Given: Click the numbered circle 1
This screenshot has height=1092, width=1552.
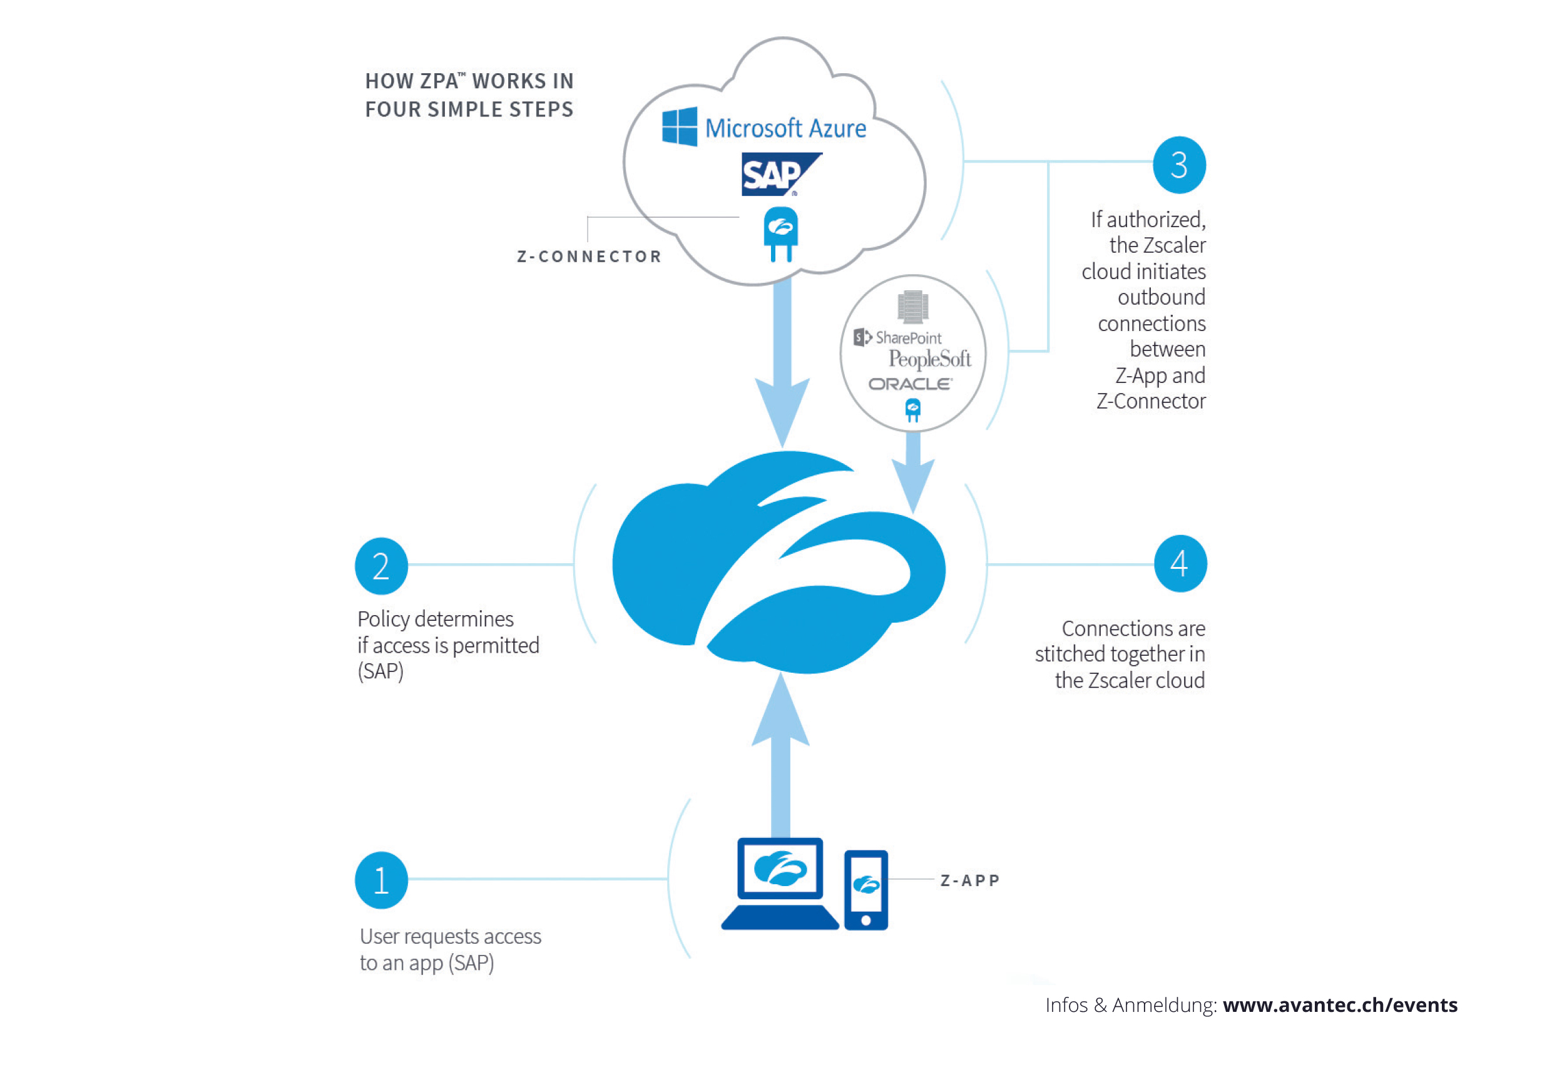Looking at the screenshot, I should [x=381, y=880].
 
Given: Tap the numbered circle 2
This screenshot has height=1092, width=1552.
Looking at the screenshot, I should [x=381, y=566].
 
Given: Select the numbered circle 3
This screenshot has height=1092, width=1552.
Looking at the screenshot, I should [x=1179, y=165].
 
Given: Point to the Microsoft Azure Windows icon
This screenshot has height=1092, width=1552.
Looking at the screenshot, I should [x=680, y=126].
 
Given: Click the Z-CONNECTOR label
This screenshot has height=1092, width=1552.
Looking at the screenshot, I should [x=589, y=257].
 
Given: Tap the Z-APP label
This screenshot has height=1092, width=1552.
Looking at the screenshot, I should [x=969, y=880].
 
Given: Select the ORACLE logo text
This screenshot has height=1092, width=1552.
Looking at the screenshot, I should [x=910, y=384].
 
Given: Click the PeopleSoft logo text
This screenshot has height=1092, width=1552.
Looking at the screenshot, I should [x=929, y=359].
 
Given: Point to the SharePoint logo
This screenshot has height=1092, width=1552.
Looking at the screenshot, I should [x=897, y=337].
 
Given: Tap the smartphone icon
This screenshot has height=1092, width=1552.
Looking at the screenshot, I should [x=865, y=889].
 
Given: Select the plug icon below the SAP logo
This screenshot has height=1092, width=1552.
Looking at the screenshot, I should [x=781, y=234].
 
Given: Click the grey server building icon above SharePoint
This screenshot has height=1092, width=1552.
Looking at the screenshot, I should [x=912, y=306].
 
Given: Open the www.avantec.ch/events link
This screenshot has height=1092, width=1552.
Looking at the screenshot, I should [x=1340, y=1005].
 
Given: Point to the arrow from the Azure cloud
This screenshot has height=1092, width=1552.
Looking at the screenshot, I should [x=782, y=365].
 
